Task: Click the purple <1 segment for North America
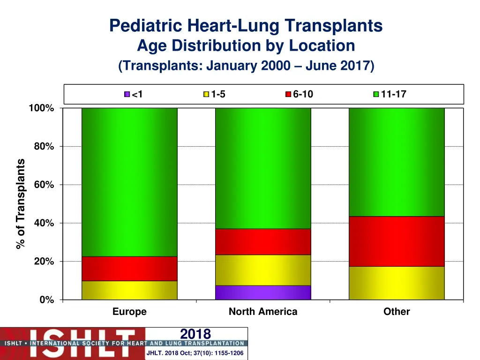point(263,292)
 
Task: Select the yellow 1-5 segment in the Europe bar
point(129,290)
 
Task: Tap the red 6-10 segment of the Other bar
point(397,241)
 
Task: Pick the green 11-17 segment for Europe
point(129,182)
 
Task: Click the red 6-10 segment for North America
point(263,241)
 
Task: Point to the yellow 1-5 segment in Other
point(397,283)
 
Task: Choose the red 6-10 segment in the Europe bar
point(129,269)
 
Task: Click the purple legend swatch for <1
point(127,94)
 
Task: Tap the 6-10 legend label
point(303,94)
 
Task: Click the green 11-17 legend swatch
point(375,94)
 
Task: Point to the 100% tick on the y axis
point(41,108)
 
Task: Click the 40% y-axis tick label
point(44,223)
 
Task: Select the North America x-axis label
point(263,312)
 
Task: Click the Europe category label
point(129,312)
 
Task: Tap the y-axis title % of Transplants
point(21,204)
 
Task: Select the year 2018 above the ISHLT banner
point(195,334)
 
